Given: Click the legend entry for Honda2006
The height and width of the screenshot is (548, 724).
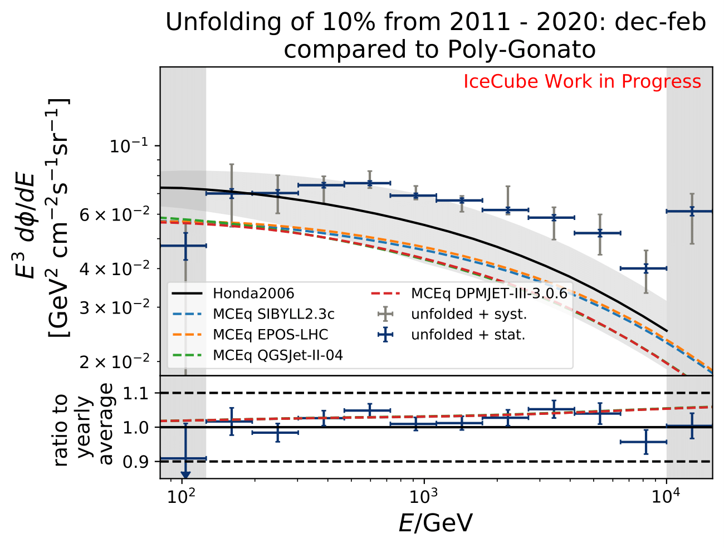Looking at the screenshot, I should point(253,293).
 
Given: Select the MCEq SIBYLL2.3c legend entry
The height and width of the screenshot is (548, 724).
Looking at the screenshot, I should point(273,314).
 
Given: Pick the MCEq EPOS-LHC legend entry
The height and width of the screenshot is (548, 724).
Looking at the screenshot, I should point(270,335).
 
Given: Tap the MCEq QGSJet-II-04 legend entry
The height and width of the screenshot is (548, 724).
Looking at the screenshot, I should point(277,355).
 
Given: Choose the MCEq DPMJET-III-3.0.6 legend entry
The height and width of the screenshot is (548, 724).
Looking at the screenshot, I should point(489,293).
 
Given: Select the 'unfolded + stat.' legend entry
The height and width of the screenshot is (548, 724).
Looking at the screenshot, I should point(468,335).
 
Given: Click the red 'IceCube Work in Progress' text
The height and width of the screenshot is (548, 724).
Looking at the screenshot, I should point(582,82).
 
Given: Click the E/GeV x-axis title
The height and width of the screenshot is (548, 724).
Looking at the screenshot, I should point(436,523).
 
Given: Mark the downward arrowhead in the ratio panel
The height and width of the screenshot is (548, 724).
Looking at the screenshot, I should point(185,474).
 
